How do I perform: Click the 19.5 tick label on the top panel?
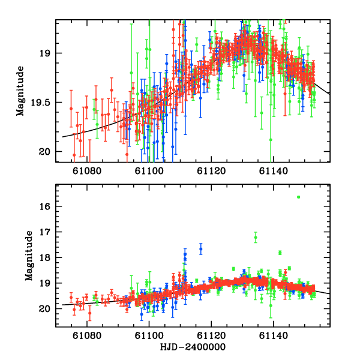(x=41, y=103)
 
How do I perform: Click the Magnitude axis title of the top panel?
(x=20, y=91)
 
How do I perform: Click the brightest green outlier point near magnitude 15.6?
(x=298, y=197)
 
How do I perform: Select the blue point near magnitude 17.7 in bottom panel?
(x=201, y=249)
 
